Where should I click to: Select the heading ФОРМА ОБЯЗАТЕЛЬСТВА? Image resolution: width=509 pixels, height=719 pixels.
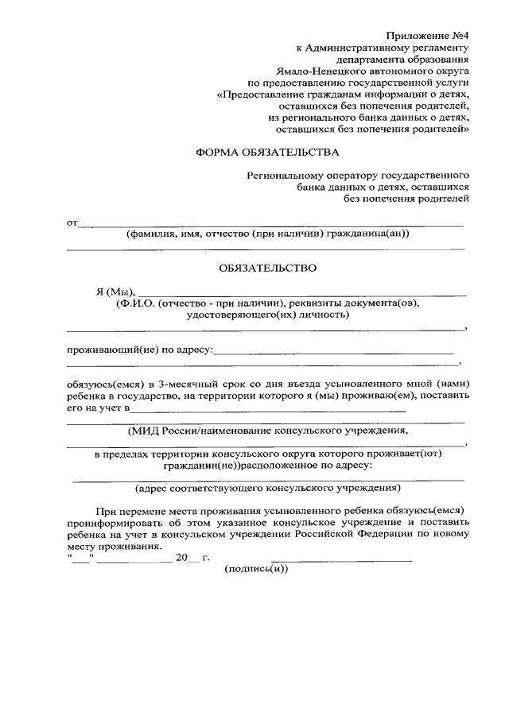(267, 152)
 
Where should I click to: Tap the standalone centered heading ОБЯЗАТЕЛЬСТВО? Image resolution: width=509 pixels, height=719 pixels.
(267, 268)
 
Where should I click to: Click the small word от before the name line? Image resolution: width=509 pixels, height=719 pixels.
(71, 223)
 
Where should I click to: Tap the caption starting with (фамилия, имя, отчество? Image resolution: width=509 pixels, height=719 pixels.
(268, 234)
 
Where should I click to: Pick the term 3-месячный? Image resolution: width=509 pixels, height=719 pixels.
(185, 384)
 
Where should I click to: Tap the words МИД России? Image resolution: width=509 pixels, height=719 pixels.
(158, 431)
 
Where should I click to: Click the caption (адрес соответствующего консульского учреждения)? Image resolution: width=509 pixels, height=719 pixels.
(267, 488)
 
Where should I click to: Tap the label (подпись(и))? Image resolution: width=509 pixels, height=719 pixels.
(256, 570)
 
